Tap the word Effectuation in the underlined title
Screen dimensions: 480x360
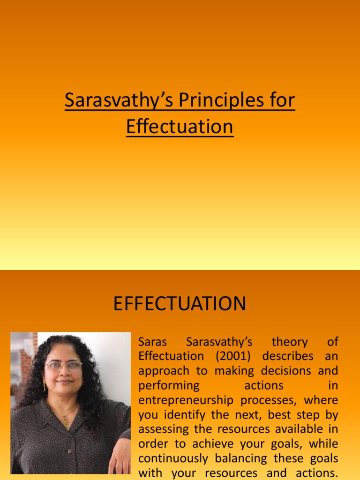point(180,127)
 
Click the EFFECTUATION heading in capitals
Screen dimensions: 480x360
point(180,304)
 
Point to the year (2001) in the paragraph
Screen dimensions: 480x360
point(234,356)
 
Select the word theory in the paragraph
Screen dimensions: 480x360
point(290,342)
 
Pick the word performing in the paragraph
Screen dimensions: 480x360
point(169,386)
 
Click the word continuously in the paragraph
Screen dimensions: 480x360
point(179,459)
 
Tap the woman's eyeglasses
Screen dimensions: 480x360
point(64,365)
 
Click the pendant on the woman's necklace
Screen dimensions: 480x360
point(65,420)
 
